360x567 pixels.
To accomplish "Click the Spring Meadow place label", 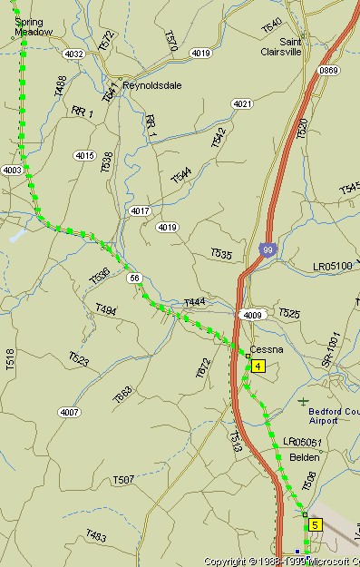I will tap(34, 25).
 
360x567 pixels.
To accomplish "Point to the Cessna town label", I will tap(267, 349).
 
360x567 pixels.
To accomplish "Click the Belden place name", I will tap(304, 457).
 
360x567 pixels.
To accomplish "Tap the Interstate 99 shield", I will tap(266, 249).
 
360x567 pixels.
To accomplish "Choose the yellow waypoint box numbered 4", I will tap(258, 367).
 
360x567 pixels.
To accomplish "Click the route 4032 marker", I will tap(73, 54).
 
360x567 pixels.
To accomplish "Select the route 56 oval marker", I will tap(134, 278).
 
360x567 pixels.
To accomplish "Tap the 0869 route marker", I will tap(328, 70).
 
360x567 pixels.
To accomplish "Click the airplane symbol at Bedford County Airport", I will tap(303, 400).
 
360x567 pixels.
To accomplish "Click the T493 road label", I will tap(96, 537).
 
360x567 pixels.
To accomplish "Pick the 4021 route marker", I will tap(242, 104).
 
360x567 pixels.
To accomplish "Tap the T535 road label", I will tap(221, 253).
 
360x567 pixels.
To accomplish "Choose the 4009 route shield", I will tap(251, 315).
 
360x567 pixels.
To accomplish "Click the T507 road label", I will tap(123, 479).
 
